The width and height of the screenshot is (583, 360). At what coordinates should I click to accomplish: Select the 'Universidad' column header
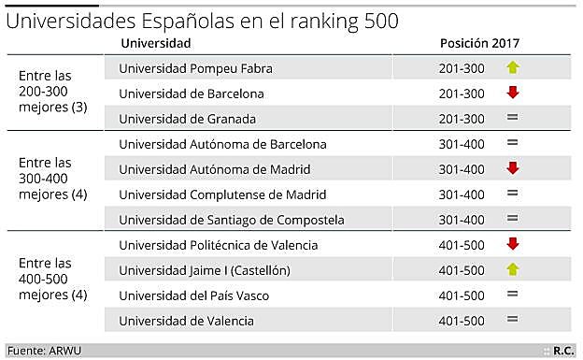(156, 44)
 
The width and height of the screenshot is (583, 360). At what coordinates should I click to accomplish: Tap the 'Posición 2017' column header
(479, 44)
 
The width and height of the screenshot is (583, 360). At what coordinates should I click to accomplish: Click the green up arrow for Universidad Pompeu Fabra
(512, 68)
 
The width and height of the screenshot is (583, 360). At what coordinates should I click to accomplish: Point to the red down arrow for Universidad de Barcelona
(512, 94)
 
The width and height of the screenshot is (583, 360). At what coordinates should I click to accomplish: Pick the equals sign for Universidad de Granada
(512, 119)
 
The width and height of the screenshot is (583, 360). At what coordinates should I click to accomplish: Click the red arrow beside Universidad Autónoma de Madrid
(512, 169)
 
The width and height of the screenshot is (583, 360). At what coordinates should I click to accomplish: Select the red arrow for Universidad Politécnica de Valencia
(512, 245)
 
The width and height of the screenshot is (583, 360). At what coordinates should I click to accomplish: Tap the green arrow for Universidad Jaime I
(512, 270)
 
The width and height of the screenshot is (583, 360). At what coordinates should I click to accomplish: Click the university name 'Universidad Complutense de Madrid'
(222, 194)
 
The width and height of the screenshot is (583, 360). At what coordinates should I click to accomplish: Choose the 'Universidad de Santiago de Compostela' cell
(233, 220)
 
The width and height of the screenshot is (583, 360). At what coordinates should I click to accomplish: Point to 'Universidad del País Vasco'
(195, 295)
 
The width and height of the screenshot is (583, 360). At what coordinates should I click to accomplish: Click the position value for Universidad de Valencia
(462, 321)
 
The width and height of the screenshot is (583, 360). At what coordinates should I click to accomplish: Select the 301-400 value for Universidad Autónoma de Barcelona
(462, 144)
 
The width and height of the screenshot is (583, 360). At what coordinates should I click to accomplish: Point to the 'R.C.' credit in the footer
(563, 351)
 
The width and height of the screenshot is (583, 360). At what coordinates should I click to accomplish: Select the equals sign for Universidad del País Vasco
(512, 295)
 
